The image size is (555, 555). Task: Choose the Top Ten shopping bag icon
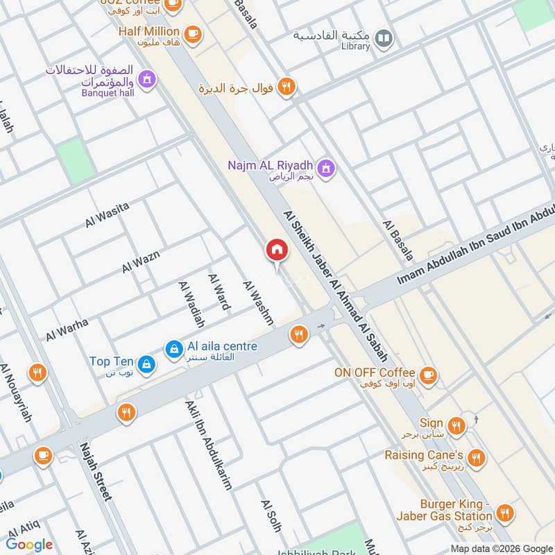pyautogui.click(x=146, y=362)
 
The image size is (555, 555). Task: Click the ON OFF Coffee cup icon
pyautogui.click(x=428, y=374)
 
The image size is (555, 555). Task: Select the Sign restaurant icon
pyautogui.click(x=456, y=425)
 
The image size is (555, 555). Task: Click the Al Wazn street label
pyautogui.click(x=141, y=261)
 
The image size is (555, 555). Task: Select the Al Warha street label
pyautogui.click(x=67, y=329)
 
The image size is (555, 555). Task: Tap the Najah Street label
pyautogui.click(x=95, y=472)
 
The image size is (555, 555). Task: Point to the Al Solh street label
pyautogui.click(x=271, y=515)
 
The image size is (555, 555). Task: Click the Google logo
pyautogui.click(x=29, y=545)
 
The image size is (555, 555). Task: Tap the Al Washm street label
pyautogui.click(x=257, y=302)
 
